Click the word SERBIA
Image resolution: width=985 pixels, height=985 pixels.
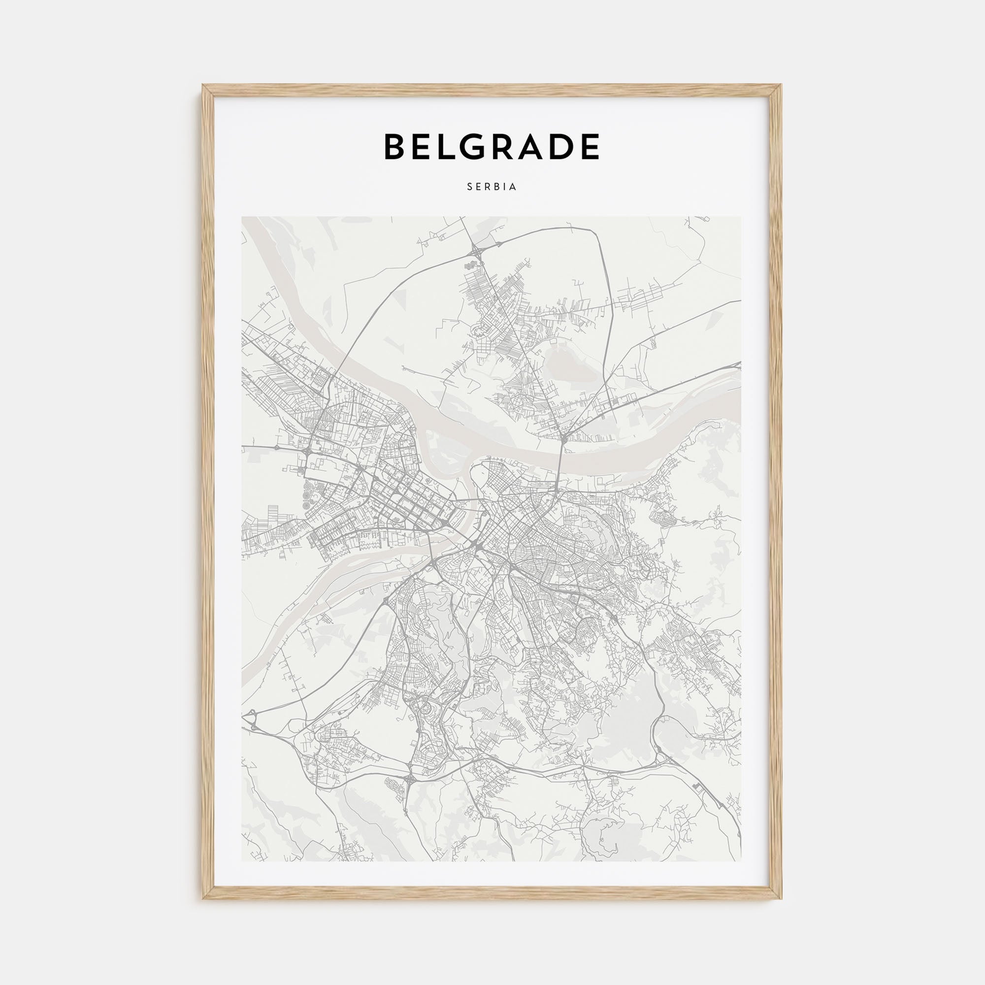(x=492, y=187)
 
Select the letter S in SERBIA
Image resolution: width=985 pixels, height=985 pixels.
(x=469, y=187)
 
